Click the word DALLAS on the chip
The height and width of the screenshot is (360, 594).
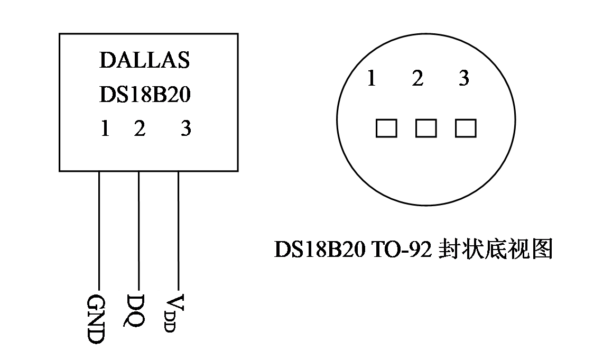[x=144, y=60]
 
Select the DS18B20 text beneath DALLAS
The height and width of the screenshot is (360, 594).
[x=144, y=95]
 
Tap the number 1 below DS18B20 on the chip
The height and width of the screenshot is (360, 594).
[x=105, y=128]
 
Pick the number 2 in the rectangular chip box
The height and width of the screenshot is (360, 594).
[x=139, y=128]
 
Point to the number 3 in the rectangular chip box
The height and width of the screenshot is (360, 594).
[x=185, y=128]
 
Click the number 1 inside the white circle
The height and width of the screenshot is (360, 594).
[x=371, y=79]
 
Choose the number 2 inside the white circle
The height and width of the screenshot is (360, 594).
[x=417, y=79]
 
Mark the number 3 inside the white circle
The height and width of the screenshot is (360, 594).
[x=463, y=79]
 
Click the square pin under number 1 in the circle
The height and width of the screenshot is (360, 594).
[x=386, y=128]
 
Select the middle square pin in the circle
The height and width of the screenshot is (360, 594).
[x=426, y=128]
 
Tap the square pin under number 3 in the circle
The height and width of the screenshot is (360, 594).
[x=466, y=128]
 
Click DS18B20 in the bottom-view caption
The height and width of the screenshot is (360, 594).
[x=319, y=250]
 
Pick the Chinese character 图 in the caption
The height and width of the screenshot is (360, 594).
[x=542, y=249]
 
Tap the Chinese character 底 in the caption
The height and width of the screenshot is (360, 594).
[x=496, y=249]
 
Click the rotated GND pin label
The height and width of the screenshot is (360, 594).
[x=96, y=320]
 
